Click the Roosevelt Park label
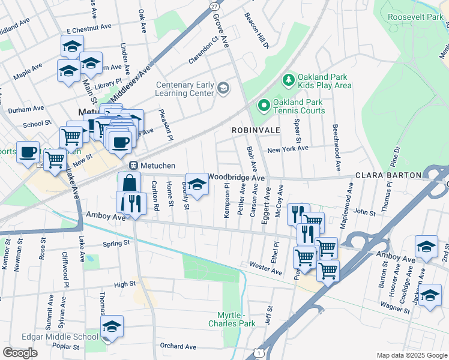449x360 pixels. pyautogui.click(x=415, y=17)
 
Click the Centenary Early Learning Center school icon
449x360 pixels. pyautogui.click(x=223, y=89)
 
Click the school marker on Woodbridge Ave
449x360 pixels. pyautogui.click(x=196, y=184)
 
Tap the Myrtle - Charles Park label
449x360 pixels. pyautogui.click(x=231, y=319)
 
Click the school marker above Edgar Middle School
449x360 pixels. pyautogui.click(x=112, y=326)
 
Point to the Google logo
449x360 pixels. pyautogui.click(x=20, y=353)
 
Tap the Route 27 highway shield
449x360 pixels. pyautogui.click(x=214, y=5)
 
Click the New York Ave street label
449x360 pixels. pyautogui.click(x=288, y=148)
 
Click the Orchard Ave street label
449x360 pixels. pyautogui.click(x=178, y=346)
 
